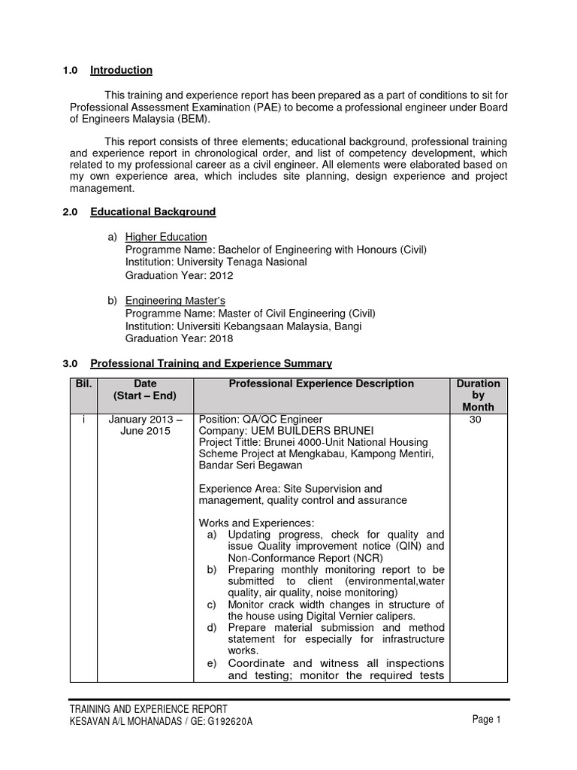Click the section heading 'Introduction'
click(x=121, y=71)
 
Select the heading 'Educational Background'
click(x=153, y=212)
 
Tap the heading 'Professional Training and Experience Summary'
click(x=210, y=364)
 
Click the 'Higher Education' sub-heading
click(x=165, y=237)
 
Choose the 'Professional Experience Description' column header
click(x=321, y=383)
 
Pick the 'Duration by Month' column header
click(x=479, y=395)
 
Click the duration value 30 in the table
click(x=475, y=420)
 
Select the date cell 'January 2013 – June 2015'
click(x=144, y=425)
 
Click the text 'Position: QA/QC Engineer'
click(x=260, y=420)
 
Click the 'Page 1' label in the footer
click(x=486, y=720)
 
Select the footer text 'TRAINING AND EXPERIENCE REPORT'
click(x=148, y=709)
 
